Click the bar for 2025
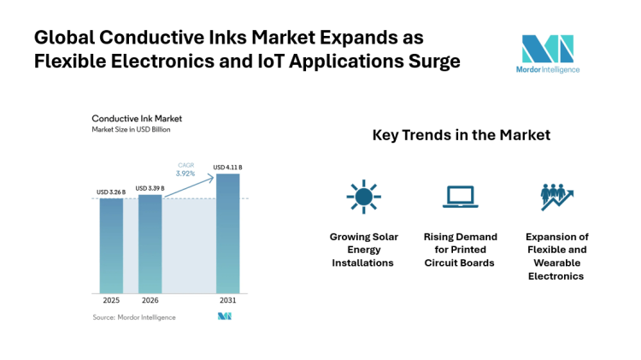[111, 245]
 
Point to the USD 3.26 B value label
[111, 191]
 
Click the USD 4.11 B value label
[228, 167]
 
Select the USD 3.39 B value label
[151, 187]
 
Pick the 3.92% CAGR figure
[185, 174]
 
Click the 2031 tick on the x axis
[228, 301]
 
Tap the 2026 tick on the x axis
[150, 301]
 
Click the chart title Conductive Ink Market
[137, 118]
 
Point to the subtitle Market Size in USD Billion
[132, 129]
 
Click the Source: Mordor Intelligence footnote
[133, 317]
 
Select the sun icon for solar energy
[363, 197]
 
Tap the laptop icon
[459, 198]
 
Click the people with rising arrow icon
[556, 197]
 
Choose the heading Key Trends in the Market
[461, 135]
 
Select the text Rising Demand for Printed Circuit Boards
[459, 250]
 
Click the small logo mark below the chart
[225, 316]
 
